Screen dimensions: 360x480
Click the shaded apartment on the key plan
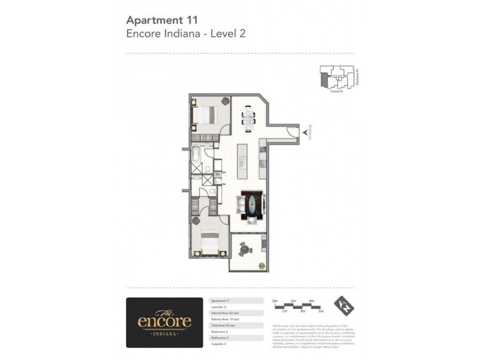pyautogui.click(x=325, y=79)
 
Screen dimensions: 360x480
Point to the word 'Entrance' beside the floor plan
pyautogui.click(x=310, y=133)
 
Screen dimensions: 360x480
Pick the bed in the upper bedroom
pyautogui.click(x=208, y=115)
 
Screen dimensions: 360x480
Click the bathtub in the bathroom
pyautogui.click(x=197, y=155)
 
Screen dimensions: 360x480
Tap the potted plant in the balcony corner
pyautogui.click(x=262, y=265)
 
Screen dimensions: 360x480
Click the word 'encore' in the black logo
pyautogui.click(x=164, y=322)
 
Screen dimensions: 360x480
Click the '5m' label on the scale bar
pyautogui.click(x=321, y=311)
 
